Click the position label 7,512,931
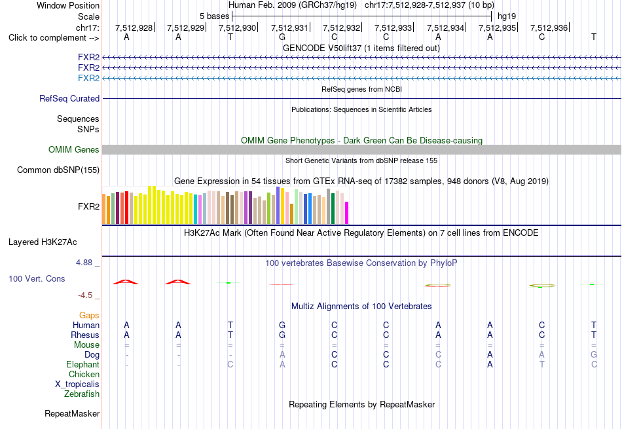[289, 28]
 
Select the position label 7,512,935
[497, 28]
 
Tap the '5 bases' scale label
[214, 16]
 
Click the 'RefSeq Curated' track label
[69, 98]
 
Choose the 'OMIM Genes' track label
[74, 149]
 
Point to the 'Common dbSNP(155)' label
[58, 170]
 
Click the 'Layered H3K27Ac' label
[43, 242]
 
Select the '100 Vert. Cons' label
[37, 278]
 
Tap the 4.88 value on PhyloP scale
[84, 263]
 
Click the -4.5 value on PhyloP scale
[85, 295]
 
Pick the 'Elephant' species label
[83, 364]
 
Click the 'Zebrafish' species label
[82, 394]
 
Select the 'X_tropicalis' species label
[77, 384]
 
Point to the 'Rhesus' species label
[85, 335]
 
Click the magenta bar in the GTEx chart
[347, 213]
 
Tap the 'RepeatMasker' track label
[72, 413]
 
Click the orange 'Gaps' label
[89, 315]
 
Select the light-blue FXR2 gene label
[89, 78]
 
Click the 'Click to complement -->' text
[54, 38]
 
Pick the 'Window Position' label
[68, 5]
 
